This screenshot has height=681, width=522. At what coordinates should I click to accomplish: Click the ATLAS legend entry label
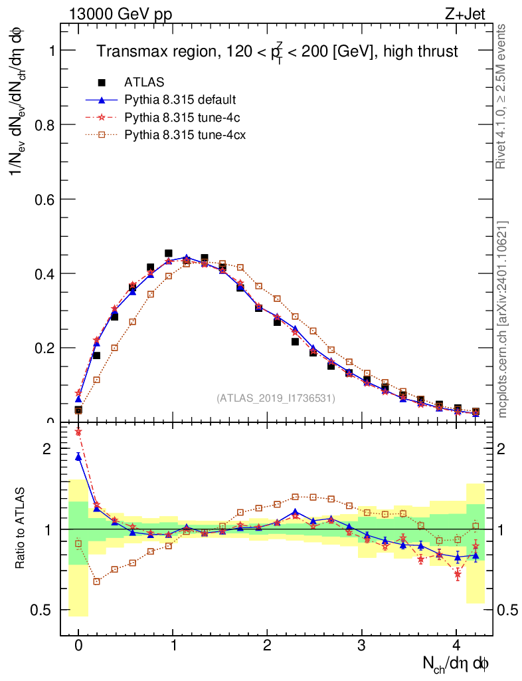[144, 82]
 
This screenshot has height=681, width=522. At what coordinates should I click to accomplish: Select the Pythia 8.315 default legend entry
[181, 100]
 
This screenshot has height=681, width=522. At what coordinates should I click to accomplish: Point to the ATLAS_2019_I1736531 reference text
[276, 398]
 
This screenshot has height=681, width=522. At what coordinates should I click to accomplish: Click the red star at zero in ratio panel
[78, 432]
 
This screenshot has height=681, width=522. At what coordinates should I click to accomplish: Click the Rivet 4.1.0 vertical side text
[502, 96]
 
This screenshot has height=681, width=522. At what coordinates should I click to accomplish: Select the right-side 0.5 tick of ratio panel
[507, 610]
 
